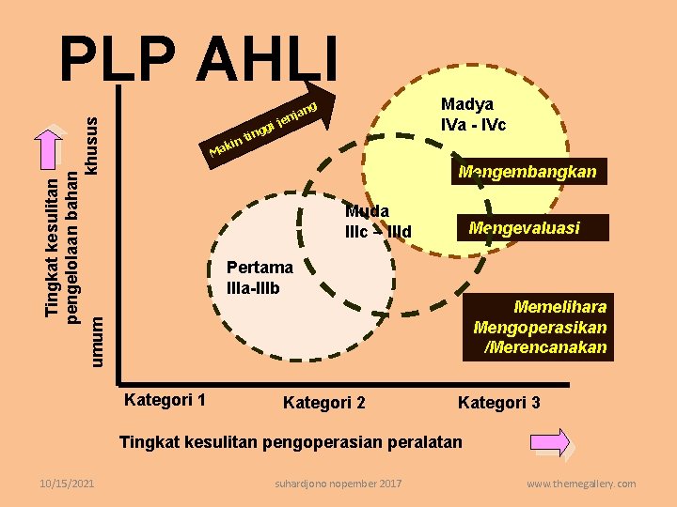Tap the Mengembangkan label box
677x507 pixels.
[x=527, y=172]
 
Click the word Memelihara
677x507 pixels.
[x=559, y=307]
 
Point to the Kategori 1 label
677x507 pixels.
[x=165, y=399]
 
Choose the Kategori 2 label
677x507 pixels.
[x=324, y=403]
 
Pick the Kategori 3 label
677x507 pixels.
[x=498, y=403]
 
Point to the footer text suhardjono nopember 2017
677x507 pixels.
[x=338, y=484]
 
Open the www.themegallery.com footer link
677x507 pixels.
[x=580, y=484]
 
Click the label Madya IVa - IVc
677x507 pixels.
[x=474, y=114]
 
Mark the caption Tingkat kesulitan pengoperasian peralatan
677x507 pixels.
[x=291, y=441]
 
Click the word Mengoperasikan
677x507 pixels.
[x=540, y=328]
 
